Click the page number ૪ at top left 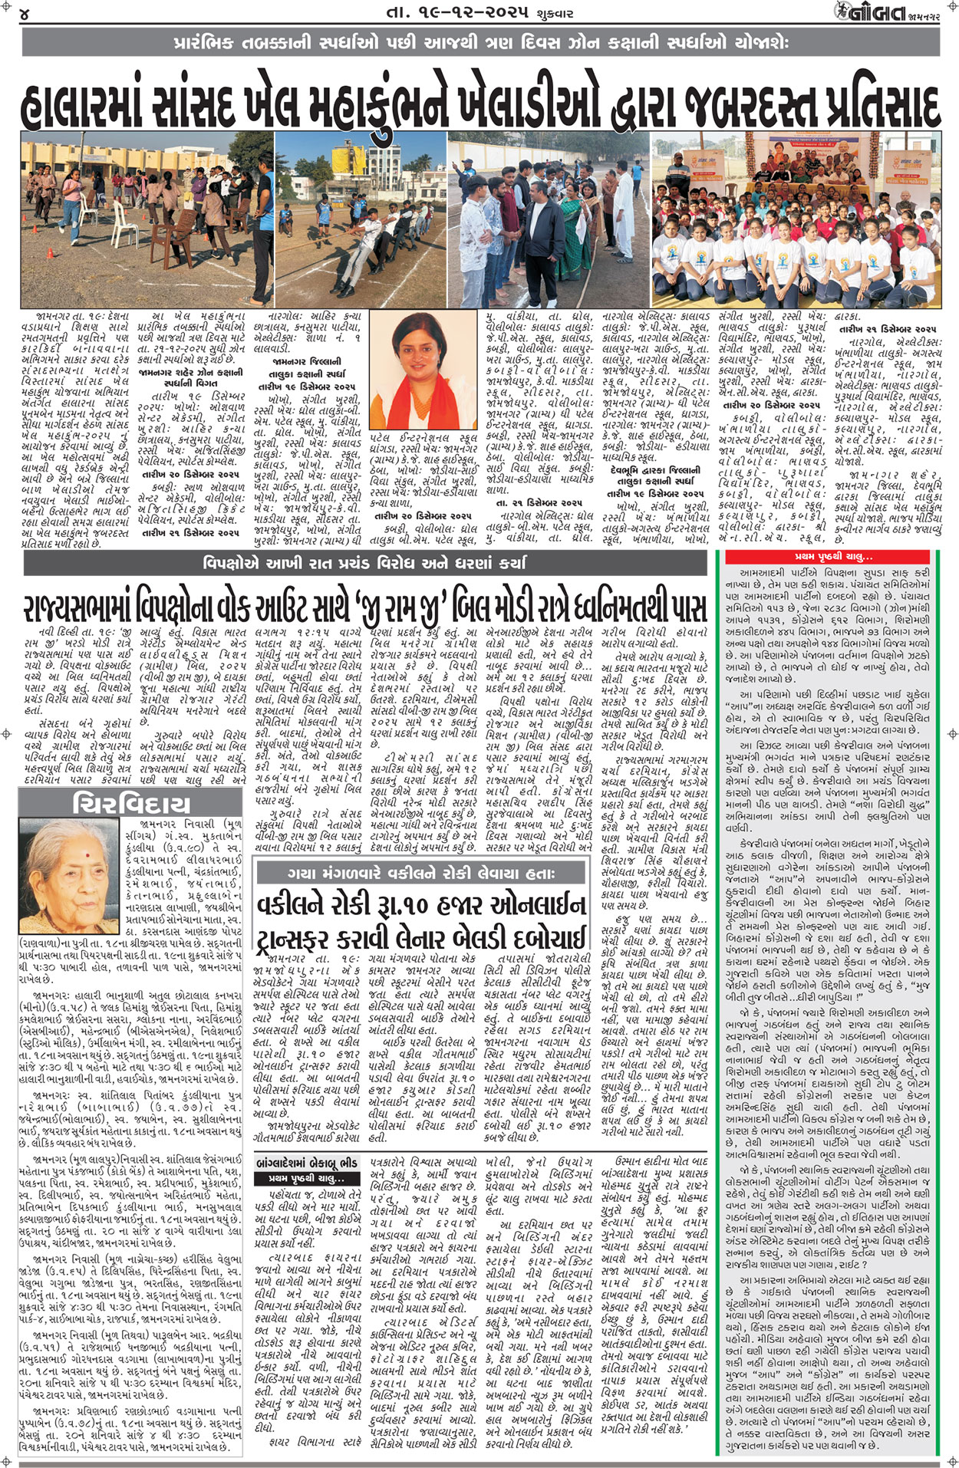(x=25, y=14)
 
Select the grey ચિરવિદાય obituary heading (x=131, y=805)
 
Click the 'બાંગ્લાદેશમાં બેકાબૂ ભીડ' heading (x=307, y=1164)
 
